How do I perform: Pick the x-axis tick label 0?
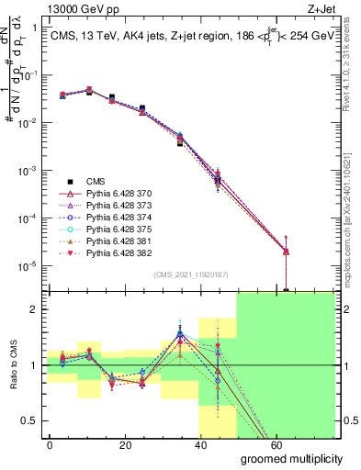click(50, 444)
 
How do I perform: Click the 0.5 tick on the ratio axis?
click(28, 421)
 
